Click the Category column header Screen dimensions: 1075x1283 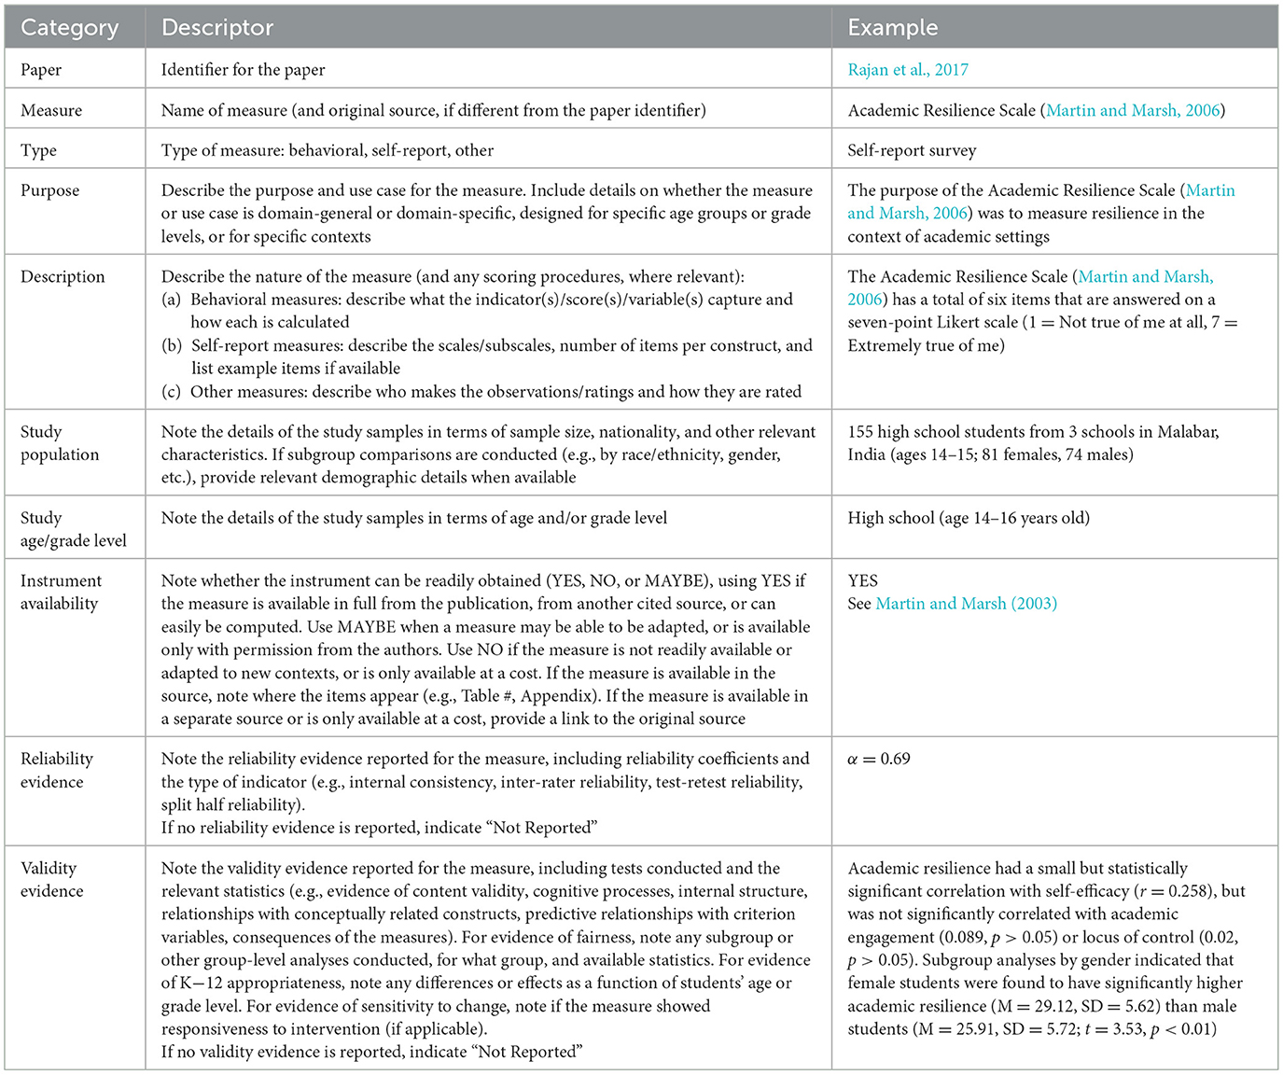(x=69, y=28)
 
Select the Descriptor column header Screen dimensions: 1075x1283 (x=216, y=28)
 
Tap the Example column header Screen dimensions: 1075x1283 (x=892, y=28)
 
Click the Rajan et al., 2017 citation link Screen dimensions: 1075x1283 (x=907, y=70)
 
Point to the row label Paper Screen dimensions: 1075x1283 (x=41, y=70)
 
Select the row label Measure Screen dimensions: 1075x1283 (x=51, y=110)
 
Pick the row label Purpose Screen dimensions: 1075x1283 (x=49, y=190)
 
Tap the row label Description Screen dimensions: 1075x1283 (x=63, y=277)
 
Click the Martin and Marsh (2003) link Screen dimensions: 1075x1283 (x=966, y=604)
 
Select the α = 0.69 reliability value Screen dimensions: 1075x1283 (x=878, y=759)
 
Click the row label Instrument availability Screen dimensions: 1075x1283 (x=61, y=592)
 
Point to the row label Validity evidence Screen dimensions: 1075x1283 (x=51, y=879)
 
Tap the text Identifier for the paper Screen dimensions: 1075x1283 (x=243, y=70)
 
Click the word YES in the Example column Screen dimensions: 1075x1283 (x=862, y=580)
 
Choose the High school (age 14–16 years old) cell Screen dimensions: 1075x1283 (x=968, y=518)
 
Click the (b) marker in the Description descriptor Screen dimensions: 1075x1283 (x=172, y=345)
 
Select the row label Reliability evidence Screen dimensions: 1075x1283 (x=56, y=770)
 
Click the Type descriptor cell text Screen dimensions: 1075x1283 (x=327, y=150)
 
